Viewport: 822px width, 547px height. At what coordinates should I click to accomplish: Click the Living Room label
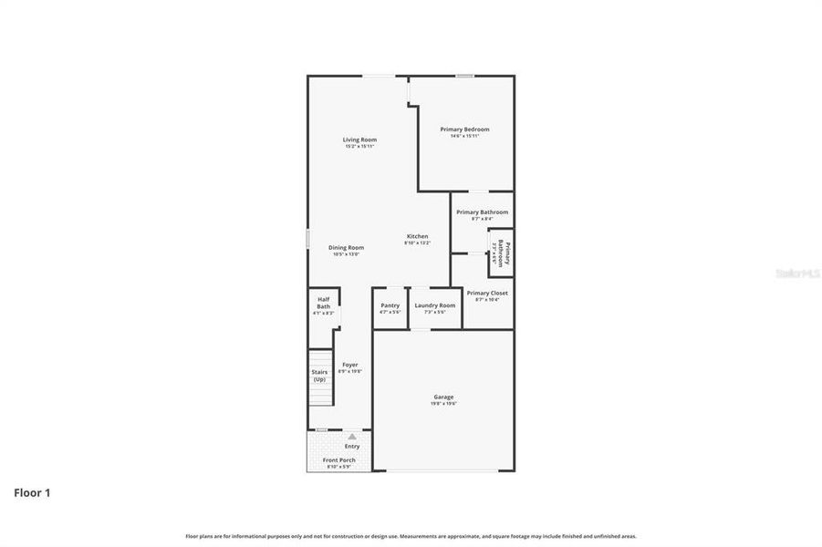click(359, 139)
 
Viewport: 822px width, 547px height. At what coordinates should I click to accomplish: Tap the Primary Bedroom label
click(464, 129)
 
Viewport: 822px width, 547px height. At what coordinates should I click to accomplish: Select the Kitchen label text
click(417, 236)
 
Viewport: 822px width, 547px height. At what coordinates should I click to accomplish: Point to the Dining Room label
click(347, 247)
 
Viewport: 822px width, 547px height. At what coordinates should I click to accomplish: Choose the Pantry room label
click(390, 305)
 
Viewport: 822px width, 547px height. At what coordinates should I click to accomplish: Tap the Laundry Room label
click(434, 305)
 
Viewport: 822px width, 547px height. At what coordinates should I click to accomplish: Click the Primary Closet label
click(487, 293)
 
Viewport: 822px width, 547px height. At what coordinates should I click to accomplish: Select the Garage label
click(443, 397)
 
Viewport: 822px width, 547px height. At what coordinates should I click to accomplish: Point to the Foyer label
click(350, 365)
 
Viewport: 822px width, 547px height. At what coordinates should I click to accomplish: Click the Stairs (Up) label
click(319, 376)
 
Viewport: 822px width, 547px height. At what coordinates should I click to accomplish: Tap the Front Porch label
click(339, 460)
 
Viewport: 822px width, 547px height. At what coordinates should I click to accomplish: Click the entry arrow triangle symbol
click(352, 437)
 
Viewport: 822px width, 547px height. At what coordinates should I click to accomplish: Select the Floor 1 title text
click(32, 493)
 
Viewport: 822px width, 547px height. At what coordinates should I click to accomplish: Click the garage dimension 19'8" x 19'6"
click(443, 404)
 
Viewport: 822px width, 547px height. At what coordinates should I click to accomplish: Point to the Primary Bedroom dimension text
click(464, 137)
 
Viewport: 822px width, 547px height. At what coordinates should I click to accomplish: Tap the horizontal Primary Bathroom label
click(482, 212)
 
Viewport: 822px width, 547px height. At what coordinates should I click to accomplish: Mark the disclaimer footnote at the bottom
click(411, 536)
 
